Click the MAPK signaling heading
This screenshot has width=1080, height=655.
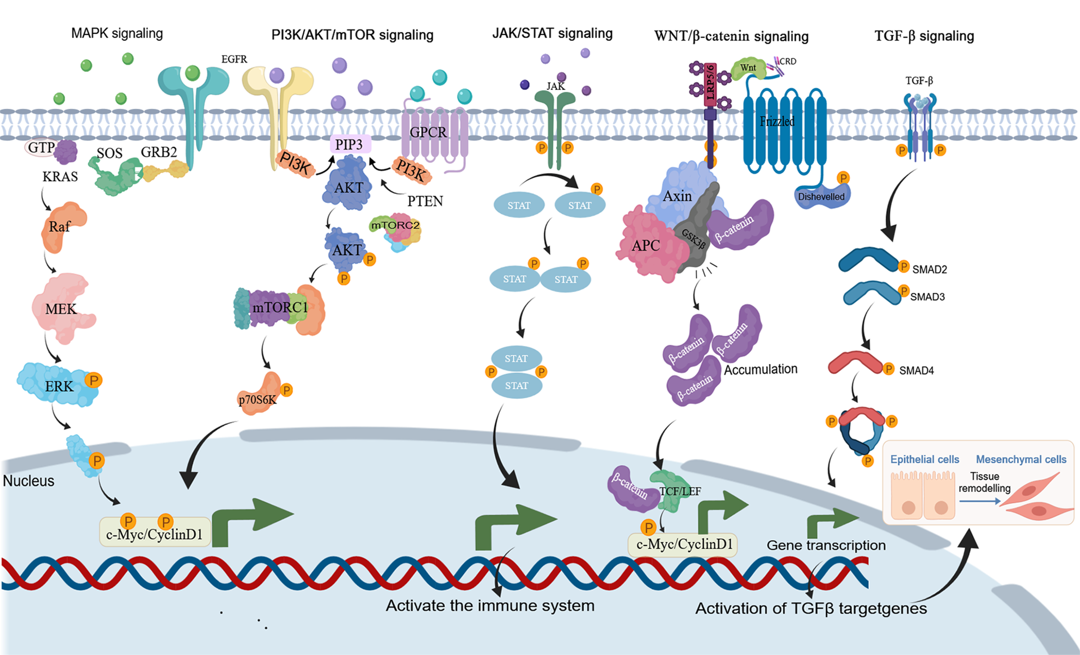click(117, 33)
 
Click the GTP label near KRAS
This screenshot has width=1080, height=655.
click(41, 147)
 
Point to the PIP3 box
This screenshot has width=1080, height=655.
click(349, 144)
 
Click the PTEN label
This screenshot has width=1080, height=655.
click(425, 201)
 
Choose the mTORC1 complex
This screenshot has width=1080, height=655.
click(280, 308)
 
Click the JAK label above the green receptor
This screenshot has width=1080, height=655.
click(556, 86)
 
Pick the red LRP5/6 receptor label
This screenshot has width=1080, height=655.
click(710, 84)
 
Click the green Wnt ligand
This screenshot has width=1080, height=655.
click(747, 68)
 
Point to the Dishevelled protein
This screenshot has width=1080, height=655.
click(821, 197)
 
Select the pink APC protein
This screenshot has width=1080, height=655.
click(647, 246)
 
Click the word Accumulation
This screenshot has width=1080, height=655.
click(760, 369)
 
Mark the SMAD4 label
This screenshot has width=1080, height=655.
click(916, 370)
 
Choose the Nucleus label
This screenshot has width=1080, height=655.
click(29, 481)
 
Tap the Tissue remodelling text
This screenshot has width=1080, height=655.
click(984, 482)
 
